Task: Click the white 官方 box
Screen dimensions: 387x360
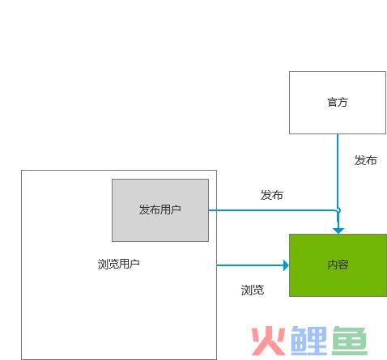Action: (x=338, y=103)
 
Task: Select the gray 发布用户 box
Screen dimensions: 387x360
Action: (x=160, y=210)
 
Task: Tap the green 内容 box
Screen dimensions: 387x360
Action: (x=338, y=265)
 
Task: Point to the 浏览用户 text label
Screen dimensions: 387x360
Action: (x=119, y=264)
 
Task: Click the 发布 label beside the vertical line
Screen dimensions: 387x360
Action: (x=366, y=160)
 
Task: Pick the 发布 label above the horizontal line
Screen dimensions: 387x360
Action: (x=272, y=195)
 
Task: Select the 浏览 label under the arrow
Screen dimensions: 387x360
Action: (x=253, y=290)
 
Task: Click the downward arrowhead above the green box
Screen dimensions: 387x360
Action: (x=338, y=231)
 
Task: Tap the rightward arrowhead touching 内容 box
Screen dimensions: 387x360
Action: (x=286, y=265)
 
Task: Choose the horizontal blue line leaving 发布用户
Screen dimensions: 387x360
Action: (x=272, y=210)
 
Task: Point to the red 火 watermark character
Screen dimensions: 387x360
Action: (x=268, y=341)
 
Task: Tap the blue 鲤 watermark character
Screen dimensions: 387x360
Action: (x=309, y=341)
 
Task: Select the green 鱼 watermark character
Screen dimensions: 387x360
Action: (x=350, y=341)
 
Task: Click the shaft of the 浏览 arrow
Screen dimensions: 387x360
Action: (x=250, y=265)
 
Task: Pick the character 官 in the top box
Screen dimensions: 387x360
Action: (x=332, y=103)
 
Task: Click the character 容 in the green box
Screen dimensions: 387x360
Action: (x=343, y=265)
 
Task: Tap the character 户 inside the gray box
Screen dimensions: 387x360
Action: (x=176, y=210)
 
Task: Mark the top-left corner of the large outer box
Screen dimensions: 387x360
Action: (x=21, y=170)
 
